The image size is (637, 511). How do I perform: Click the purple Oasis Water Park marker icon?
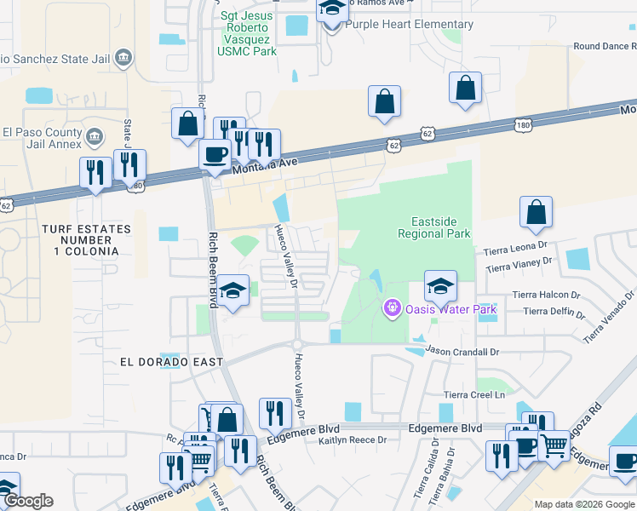392,307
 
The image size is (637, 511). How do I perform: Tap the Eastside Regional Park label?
434,227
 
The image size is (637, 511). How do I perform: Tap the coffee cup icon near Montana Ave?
215,156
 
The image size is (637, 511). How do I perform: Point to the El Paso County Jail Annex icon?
95,136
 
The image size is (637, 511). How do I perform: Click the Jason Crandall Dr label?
462,351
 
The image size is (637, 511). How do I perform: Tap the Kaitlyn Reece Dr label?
352,440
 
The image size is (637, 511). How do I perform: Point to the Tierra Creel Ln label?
474,394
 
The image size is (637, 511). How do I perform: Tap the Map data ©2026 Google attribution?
583,504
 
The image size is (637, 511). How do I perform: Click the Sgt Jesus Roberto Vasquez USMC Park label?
247,33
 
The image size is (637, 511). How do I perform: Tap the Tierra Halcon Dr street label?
546,295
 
